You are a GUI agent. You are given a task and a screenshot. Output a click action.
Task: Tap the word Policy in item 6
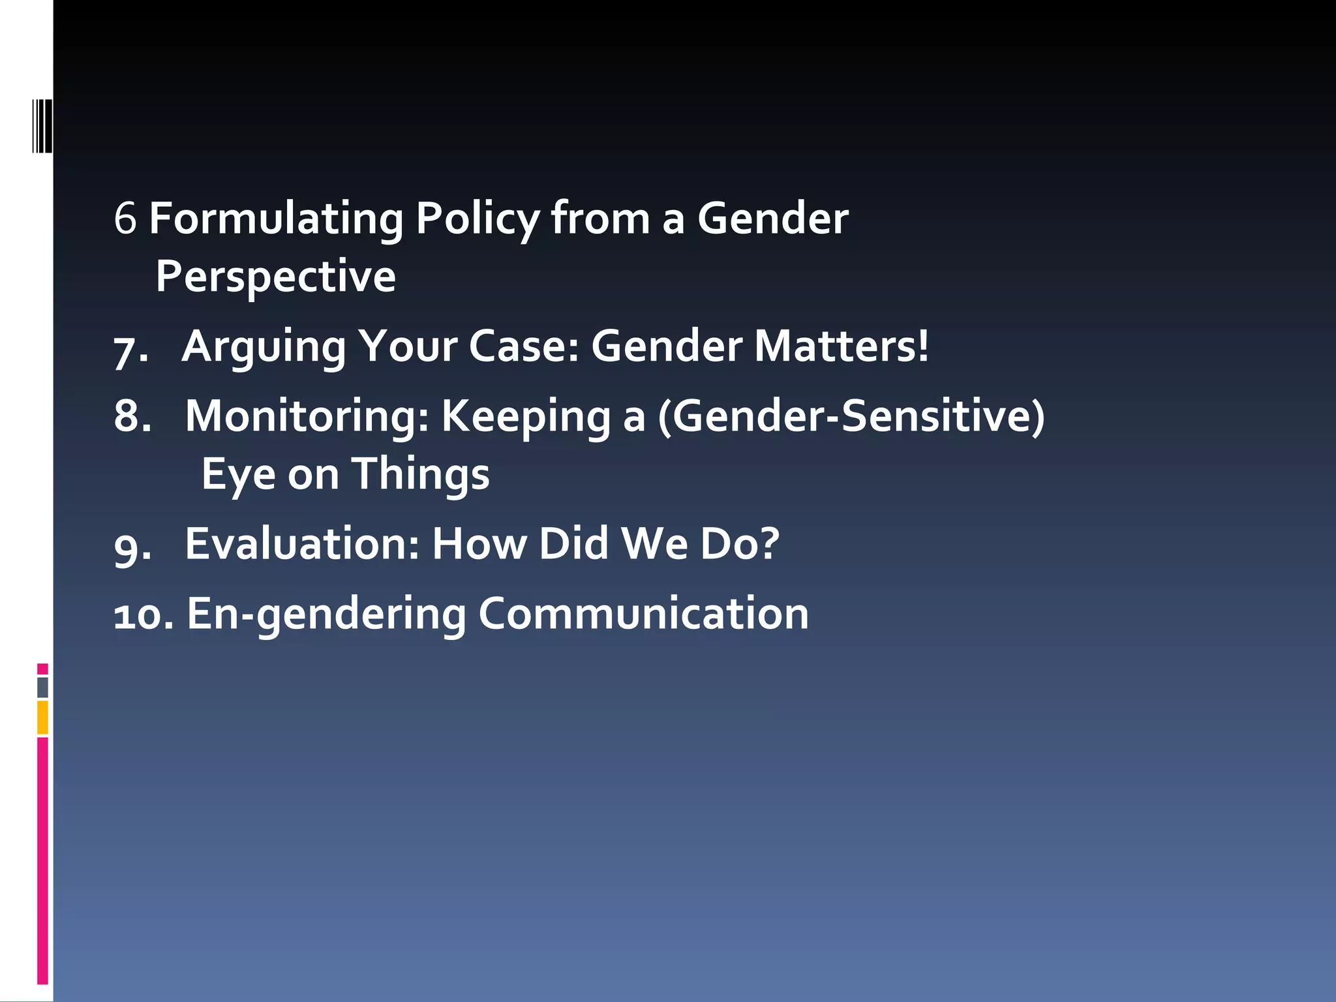pos(477,219)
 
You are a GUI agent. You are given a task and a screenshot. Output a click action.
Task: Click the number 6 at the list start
pos(125,219)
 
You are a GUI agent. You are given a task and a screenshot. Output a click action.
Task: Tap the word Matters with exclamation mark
pos(841,346)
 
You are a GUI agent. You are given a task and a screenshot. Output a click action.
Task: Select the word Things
pos(421,475)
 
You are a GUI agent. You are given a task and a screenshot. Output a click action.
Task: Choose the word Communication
pos(643,614)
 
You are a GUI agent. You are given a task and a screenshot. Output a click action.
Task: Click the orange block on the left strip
pos(42,718)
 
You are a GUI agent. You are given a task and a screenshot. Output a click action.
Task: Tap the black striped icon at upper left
pos(42,126)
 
